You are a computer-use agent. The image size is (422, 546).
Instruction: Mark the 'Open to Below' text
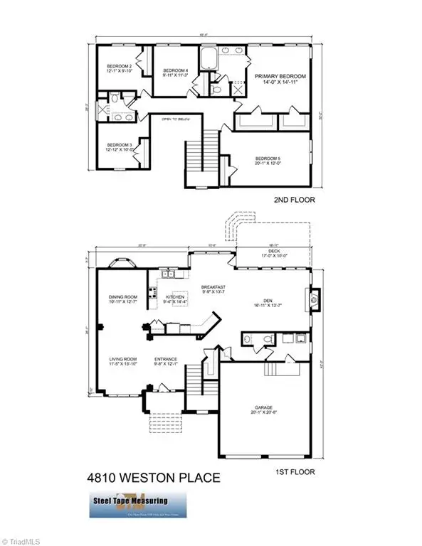coord(176,119)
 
